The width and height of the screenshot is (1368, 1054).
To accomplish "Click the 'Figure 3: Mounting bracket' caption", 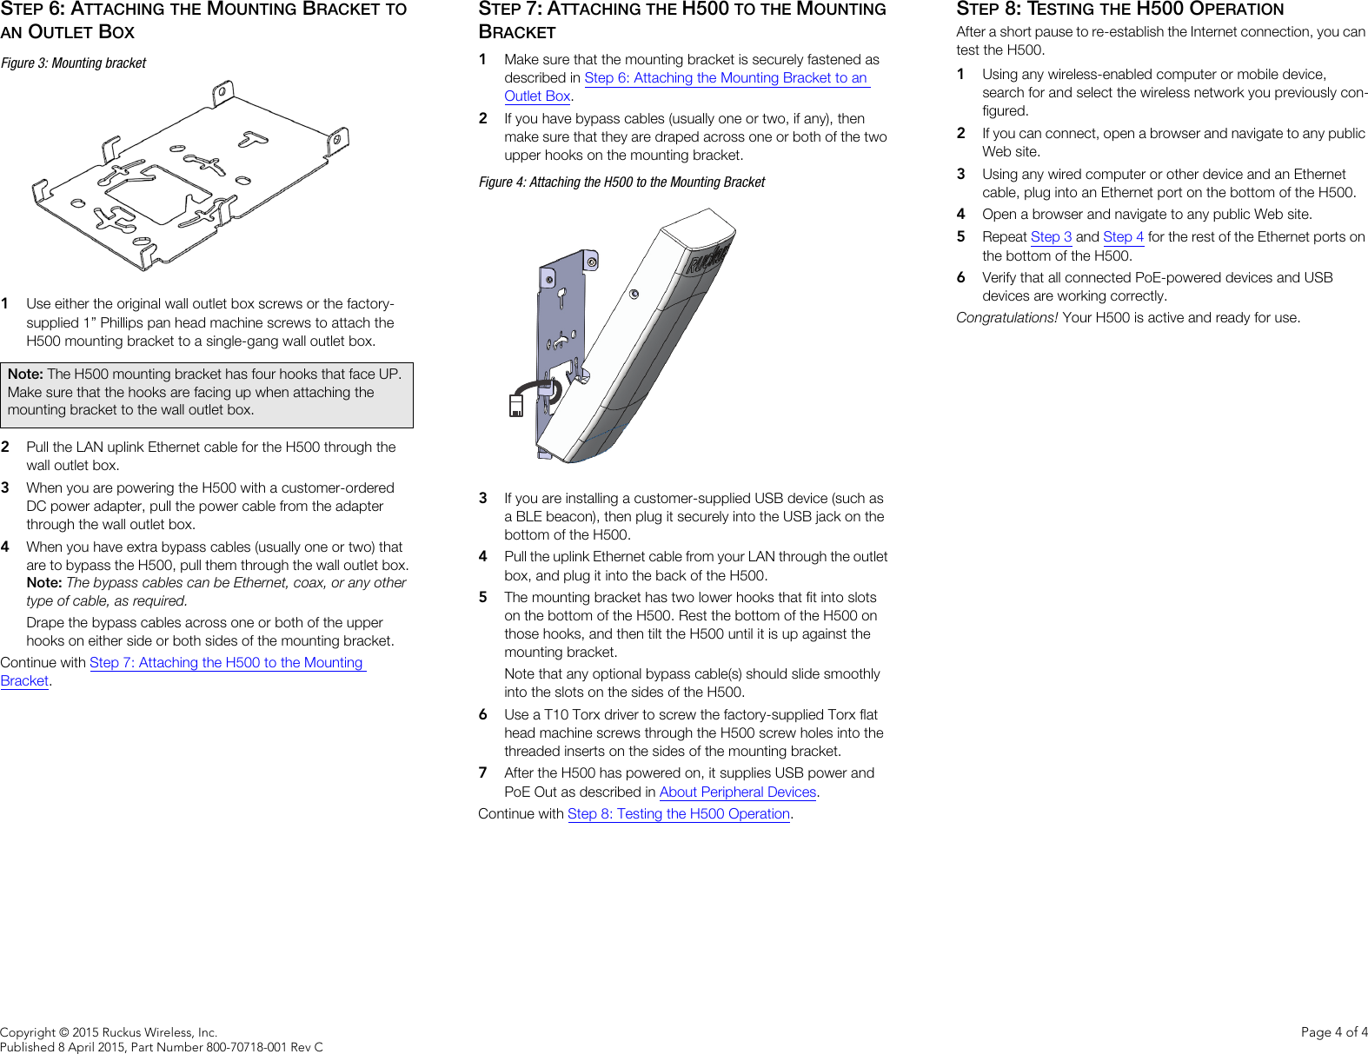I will click(74, 63).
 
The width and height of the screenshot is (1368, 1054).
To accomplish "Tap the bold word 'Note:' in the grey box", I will click(25, 374).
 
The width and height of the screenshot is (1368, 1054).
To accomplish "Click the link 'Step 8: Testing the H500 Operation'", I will click(678, 814).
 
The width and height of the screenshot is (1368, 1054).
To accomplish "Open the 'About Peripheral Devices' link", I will click(737, 792).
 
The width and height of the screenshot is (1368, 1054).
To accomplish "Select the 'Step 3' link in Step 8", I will click(1051, 237).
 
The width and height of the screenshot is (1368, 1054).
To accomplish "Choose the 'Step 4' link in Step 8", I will click(1123, 237).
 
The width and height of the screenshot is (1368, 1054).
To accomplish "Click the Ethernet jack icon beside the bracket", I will click(516, 406).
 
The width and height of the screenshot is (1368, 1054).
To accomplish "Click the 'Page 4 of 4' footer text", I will click(1333, 1032).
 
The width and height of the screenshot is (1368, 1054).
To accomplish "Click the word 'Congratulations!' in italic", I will click(1006, 318).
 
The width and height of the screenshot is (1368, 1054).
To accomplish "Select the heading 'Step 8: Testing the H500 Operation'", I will click(1119, 10).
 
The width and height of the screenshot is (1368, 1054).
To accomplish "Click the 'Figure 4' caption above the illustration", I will click(621, 182).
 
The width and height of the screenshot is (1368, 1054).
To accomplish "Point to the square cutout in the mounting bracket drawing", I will click(156, 194).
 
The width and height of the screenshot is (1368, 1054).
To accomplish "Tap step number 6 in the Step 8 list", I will click(960, 278).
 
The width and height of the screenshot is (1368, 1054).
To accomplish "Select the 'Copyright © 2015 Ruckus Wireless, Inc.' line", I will click(109, 1032).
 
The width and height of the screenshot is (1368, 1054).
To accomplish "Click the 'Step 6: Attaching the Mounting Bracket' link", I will click(726, 78).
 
